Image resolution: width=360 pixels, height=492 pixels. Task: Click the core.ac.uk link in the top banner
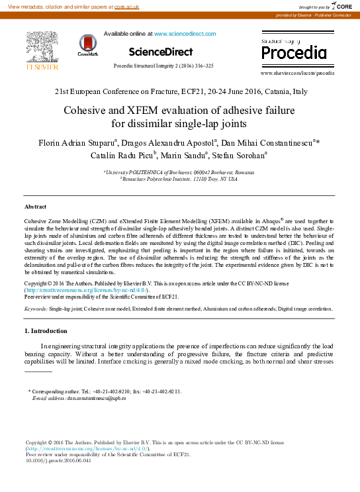point(126,6)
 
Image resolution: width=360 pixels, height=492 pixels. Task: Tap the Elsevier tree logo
point(42,46)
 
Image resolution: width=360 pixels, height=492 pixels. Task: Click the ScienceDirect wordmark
point(161,52)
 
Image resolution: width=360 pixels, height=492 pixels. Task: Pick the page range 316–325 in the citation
point(202,66)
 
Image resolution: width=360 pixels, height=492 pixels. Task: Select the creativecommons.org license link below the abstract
point(87,289)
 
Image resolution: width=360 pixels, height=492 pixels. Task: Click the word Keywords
point(35,309)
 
